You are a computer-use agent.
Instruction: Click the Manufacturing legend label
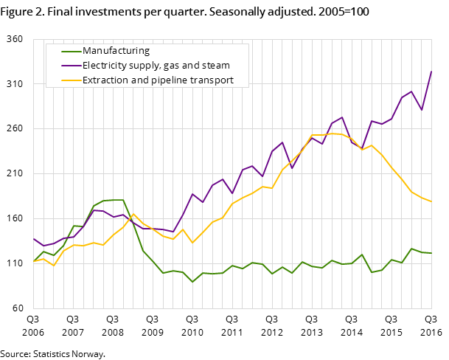click(x=116, y=51)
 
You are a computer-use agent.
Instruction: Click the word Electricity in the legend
click(x=105, y=66)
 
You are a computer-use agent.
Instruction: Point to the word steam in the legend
click(x=215, y=66)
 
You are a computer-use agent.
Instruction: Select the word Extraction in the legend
click(x=105, y=80)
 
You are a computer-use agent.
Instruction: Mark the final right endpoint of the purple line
click(x=431, y=72)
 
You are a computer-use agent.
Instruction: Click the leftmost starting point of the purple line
click(x=33, y=238)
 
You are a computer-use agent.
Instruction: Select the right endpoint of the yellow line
click(x=431, y=201)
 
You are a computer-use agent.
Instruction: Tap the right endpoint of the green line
click(x=431, y=253)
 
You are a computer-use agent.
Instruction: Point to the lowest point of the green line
click(x=192, y=282)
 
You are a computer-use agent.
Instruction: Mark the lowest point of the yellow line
click(x=53, y=266)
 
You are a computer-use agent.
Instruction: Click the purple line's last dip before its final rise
click(x=421, y=110)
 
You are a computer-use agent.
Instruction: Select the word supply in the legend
click(x=145, y=66)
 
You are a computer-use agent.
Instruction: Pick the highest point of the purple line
click(x=431, y=72)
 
